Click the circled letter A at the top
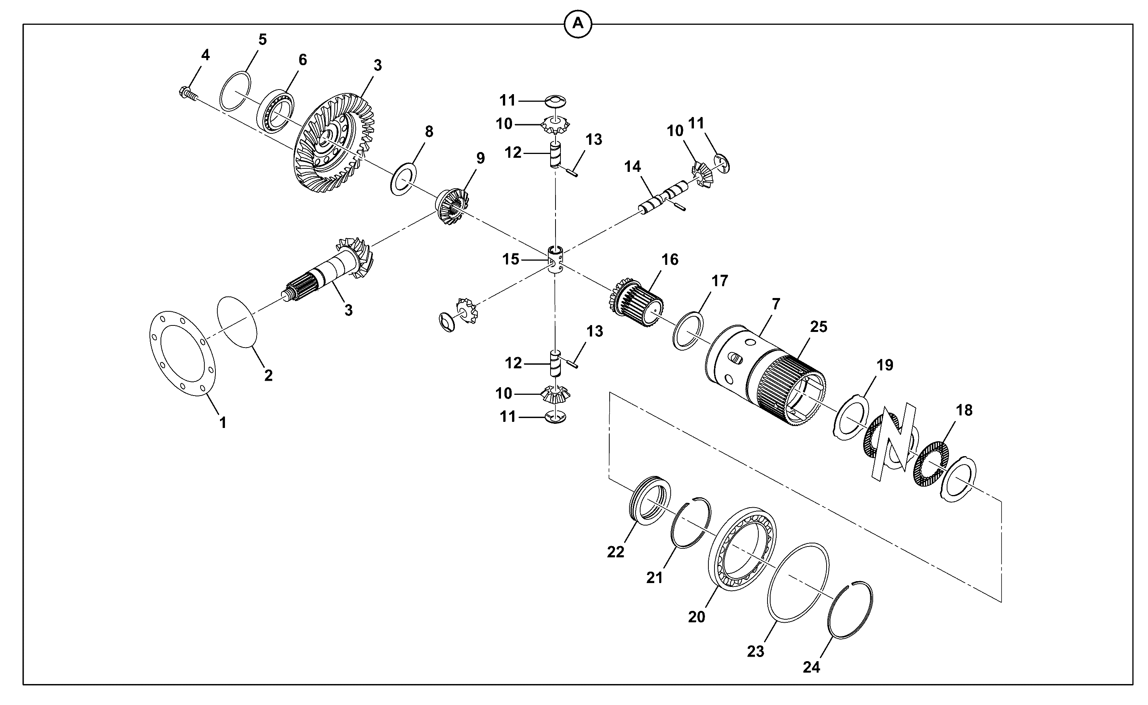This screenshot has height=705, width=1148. tap(578, 23)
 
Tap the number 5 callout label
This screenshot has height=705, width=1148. tap(263, 40)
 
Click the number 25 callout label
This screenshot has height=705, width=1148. tap(819, 327)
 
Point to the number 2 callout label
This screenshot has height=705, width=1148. tap(268, 375)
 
